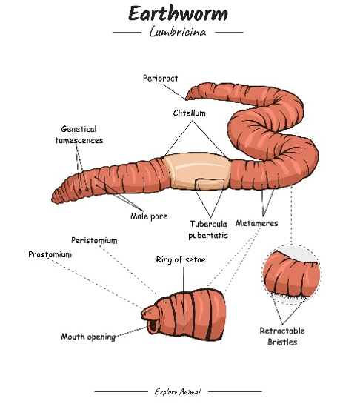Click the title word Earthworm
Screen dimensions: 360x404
click(178, 13)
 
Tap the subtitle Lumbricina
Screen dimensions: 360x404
click(178, 31)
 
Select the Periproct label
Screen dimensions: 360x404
click(161, 79)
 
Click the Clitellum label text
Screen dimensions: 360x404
click(190, 113)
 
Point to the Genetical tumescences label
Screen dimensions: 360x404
click(79, 134)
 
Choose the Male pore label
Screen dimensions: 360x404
click(149, 216)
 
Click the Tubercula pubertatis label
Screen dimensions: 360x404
click(208, 229)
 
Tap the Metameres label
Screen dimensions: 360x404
click(257, 223)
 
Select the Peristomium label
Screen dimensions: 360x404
click(94, 240)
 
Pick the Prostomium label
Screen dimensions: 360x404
click(50, 254)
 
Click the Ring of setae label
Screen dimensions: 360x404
click(181, 259)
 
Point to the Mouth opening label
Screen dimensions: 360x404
click(88, 337)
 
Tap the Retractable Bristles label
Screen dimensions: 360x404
click(282, 337)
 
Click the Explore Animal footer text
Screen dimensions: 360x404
click(178, 391)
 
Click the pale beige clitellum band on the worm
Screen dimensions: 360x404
click(197, 170)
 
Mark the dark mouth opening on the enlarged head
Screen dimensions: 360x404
click(153, 326)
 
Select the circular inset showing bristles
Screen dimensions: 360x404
click(291, 275)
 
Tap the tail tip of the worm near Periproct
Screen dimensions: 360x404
click(187, 98)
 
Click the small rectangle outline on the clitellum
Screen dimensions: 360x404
click(210, 184)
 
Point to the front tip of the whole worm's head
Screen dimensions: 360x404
click(53, 199)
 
